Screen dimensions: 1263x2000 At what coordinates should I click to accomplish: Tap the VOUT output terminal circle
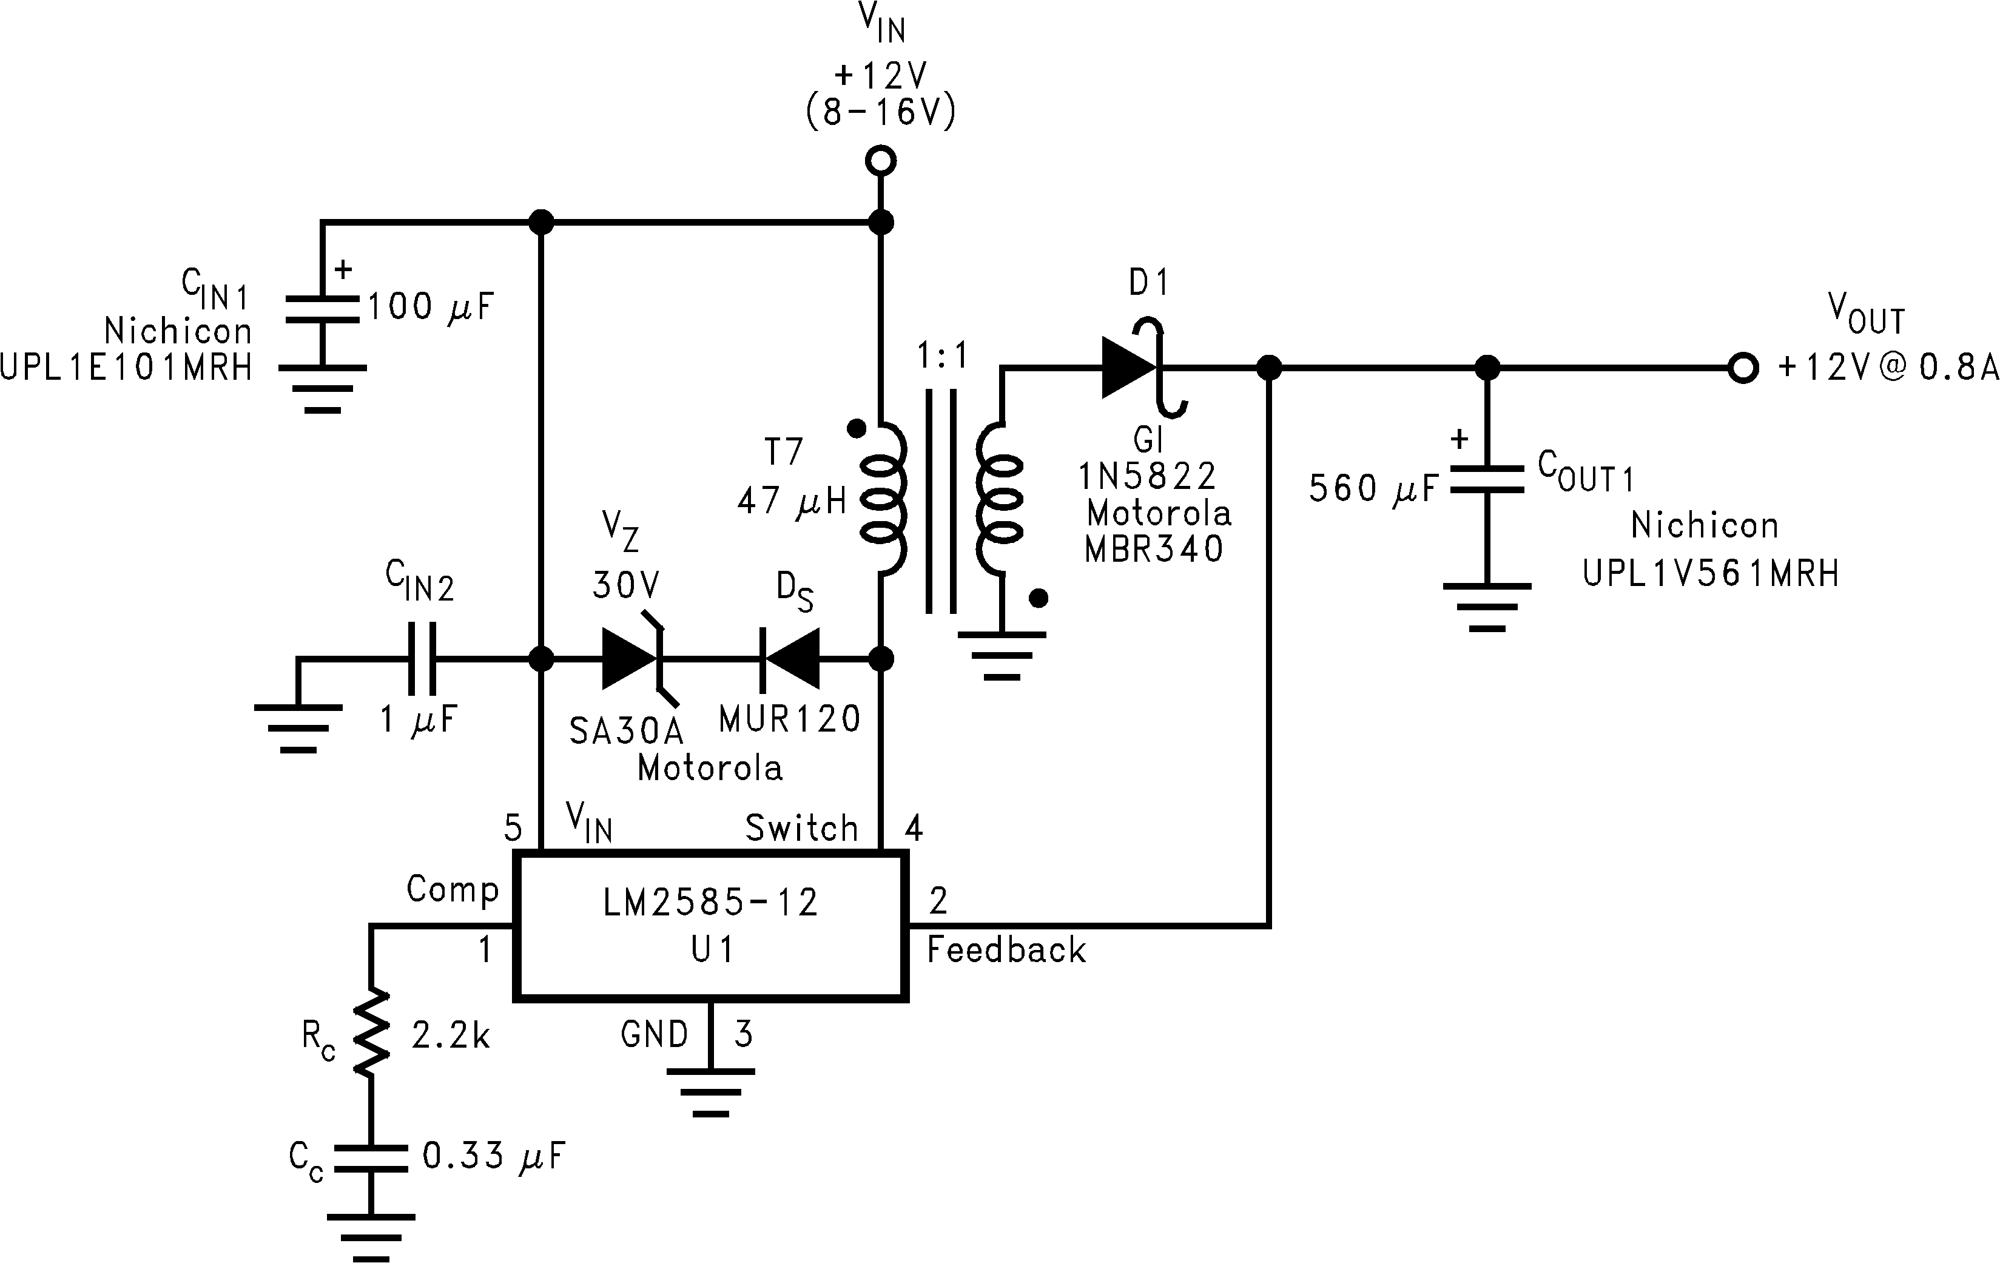(1743, 367)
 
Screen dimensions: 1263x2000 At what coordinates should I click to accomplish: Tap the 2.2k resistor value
(450, 1036)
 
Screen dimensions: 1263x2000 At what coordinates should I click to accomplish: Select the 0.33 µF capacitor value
(493, 1156)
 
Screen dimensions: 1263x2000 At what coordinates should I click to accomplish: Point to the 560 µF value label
(1372, 488)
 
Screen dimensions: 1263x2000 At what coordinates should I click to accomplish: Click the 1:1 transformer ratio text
(943, 356)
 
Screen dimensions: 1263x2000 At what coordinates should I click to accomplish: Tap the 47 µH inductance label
(790, 500)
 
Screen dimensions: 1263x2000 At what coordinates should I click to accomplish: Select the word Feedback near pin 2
(1006, 950)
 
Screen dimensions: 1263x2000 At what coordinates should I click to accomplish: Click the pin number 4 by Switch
(914, 828)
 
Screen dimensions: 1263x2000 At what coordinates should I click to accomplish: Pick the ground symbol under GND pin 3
(710, 1092)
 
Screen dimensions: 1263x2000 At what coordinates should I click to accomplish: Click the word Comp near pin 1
(453, 889)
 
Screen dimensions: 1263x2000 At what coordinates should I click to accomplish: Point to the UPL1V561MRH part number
(1711, 573)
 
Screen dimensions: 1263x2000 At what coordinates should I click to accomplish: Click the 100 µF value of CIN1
(430, 307)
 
